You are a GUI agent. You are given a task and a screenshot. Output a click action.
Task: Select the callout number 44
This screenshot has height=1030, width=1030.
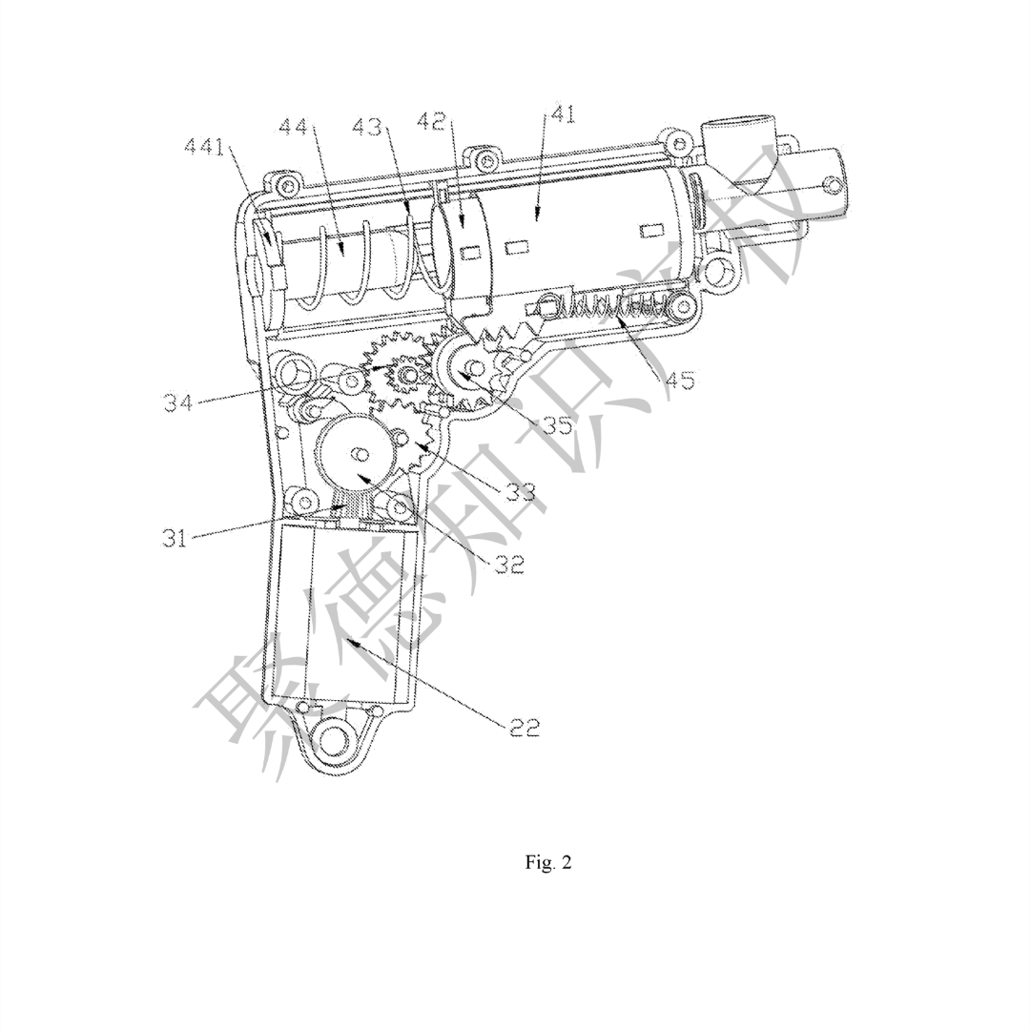295,125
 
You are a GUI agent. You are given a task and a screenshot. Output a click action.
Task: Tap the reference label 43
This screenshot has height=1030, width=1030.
367,126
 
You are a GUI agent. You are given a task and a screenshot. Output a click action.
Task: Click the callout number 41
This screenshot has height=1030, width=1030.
561,115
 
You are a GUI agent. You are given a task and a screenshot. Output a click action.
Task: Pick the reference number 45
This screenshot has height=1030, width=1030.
679,381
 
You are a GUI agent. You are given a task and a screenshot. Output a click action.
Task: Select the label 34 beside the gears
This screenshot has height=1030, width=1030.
178,402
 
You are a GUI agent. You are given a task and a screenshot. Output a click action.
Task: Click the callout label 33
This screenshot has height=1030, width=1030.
521,491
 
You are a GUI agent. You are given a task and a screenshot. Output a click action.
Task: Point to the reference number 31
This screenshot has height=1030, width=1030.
175,538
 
